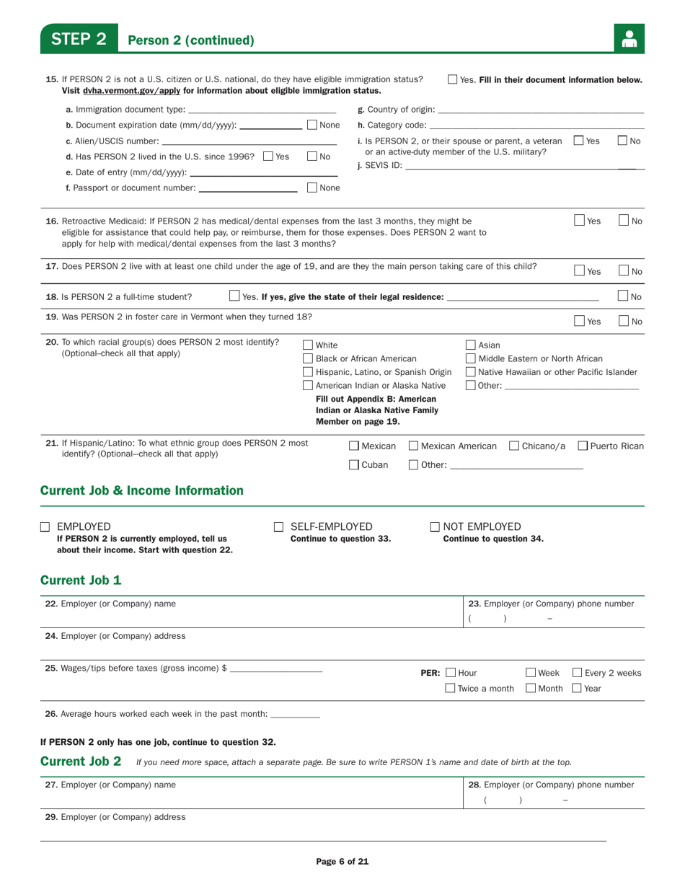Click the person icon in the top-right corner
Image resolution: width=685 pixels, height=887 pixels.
[629, 40]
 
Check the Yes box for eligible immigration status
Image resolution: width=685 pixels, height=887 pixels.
[453, 80]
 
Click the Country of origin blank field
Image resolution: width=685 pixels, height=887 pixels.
[540, 110]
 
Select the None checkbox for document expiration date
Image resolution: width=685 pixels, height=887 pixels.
[311, 125]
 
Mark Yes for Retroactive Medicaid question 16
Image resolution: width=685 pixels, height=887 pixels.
[580, 221]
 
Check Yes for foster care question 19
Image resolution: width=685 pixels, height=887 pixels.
[580, 321]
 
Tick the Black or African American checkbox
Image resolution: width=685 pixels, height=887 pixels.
[308, 358]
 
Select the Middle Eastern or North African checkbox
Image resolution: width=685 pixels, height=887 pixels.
[471, 358]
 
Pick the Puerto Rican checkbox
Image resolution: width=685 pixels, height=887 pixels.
[583, 446]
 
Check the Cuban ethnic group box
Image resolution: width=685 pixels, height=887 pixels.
[354, 465]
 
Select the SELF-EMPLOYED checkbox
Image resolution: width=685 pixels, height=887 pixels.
[278, 527]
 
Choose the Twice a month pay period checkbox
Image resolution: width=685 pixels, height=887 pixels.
[450, 688]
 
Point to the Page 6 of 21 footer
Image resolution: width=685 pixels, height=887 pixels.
[343, 861]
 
